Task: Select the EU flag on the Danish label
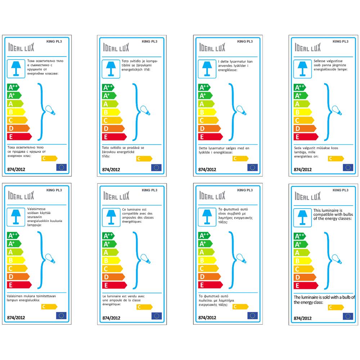(x=253, y=167)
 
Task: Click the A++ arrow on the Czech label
(x=108, y=87)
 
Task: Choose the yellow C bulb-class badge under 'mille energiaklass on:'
(x=336, y=158)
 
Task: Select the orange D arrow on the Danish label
(x=209, y=129)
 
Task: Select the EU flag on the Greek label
(x=252, y=315)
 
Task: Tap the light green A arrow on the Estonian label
(x=301, y=104)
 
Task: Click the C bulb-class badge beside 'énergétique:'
(x=144, y=307)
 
